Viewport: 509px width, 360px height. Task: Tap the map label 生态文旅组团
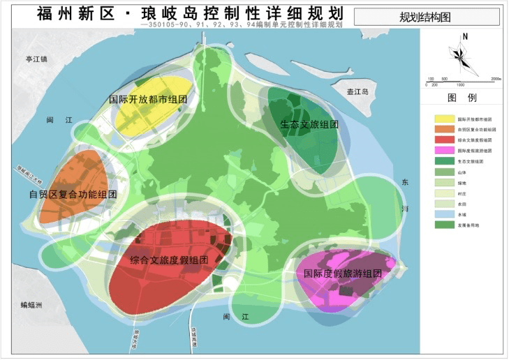pyautogui.click(x=309, y=125)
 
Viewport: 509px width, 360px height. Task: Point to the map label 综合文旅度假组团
pyautogui.click(x=169, y=260)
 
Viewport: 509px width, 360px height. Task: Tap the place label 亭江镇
pyautogui.click(x=33, y=59)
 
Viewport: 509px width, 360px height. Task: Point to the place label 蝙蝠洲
pyautogui.click(x=31, y=305)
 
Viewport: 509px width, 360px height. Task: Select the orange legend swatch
pyautogui.click(x=441, y=130)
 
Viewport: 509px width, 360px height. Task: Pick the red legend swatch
pyautogui.click(x=441, y=140)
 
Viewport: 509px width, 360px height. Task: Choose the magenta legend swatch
pyautogui.click(x=441, y=151)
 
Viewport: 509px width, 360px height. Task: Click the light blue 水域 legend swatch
pyautogui.click(x=441, y=214)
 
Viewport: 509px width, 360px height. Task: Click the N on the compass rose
pyautogui.click(x=464, y=37)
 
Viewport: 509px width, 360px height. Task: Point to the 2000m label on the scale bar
pyautogui.click(x=496, y=79)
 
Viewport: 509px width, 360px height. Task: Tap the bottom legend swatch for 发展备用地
pyautogui.click(x=441, y=225)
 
